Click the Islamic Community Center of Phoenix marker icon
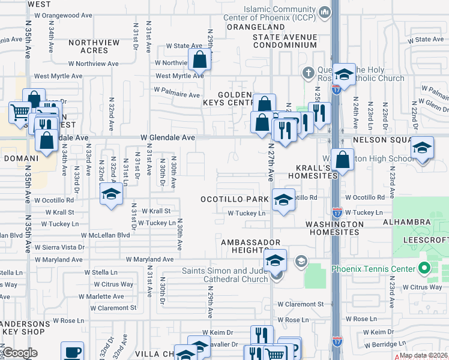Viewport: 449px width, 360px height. point(325,11)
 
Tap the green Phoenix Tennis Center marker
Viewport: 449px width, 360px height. point(425,268)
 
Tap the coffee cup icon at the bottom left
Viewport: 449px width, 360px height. point(73,352)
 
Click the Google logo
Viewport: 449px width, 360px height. point(19,353)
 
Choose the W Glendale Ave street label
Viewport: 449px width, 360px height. point(167,137)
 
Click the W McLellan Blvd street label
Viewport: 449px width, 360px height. point(105,236)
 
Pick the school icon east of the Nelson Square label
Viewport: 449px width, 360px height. point(422,148)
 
